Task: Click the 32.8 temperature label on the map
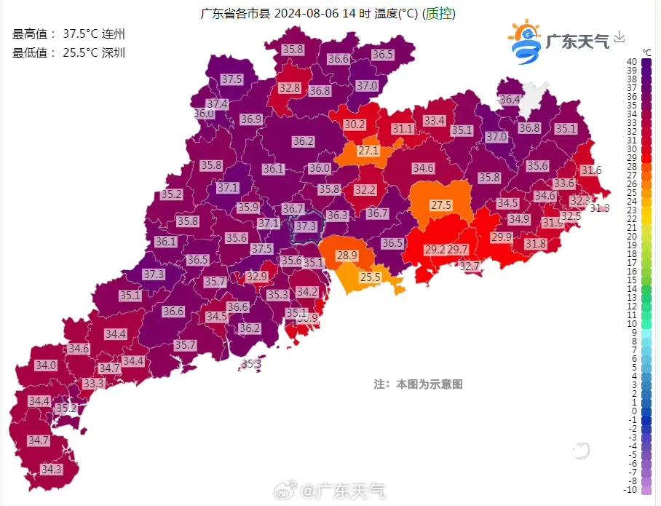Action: click(x=290, y=88)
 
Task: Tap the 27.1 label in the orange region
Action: click(x=368, y=151)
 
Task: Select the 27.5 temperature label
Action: click(x=441, y=205)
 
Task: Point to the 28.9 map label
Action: click(x=347, y=256)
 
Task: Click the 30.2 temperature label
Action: click(x=355, y=124)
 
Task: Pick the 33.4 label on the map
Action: click(x=435, y=120)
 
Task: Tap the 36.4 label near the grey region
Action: click(x=510, y=100)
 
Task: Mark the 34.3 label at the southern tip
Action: click(x=52, y=470)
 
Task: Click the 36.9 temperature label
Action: click(x=251, y=119)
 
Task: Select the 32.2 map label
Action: click(x=365, y=190)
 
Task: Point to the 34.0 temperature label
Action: click(x=46, y=365)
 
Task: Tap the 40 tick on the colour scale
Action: click(x=632, y=62)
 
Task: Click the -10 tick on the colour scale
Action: click(x=632, y=490)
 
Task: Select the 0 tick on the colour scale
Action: click(x=632, y=411)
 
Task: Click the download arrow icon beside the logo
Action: click(x=620, y=36)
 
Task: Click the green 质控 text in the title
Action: click(x=440, y=14)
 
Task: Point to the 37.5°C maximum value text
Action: click(x=82, y=33)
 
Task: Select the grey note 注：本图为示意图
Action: click(x=419, y=384)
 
